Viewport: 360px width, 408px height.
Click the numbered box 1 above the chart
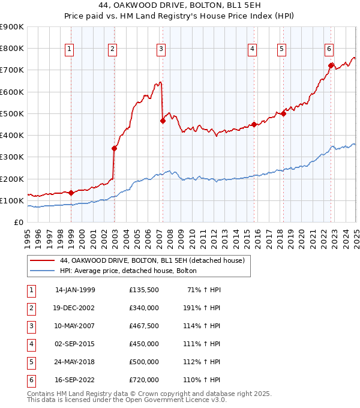(x=70, y=49)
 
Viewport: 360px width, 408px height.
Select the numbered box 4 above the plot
(x=253, y=49)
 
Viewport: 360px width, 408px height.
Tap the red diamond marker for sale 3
(x=163, y=121)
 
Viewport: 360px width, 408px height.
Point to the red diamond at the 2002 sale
(x=114, y=148)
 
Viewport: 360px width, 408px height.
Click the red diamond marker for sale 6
(x=331, y=65)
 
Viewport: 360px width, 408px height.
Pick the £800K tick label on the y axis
(x=13, y=49)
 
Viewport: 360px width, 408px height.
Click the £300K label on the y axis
(x=13, y=157)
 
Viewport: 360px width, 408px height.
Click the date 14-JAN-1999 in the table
(x=75, y=289)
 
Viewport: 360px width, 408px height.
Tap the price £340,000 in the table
(x=144, y=307)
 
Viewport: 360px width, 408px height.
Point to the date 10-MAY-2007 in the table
(x=75, y=326)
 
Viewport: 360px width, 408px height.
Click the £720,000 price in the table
(x=144, y=380)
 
